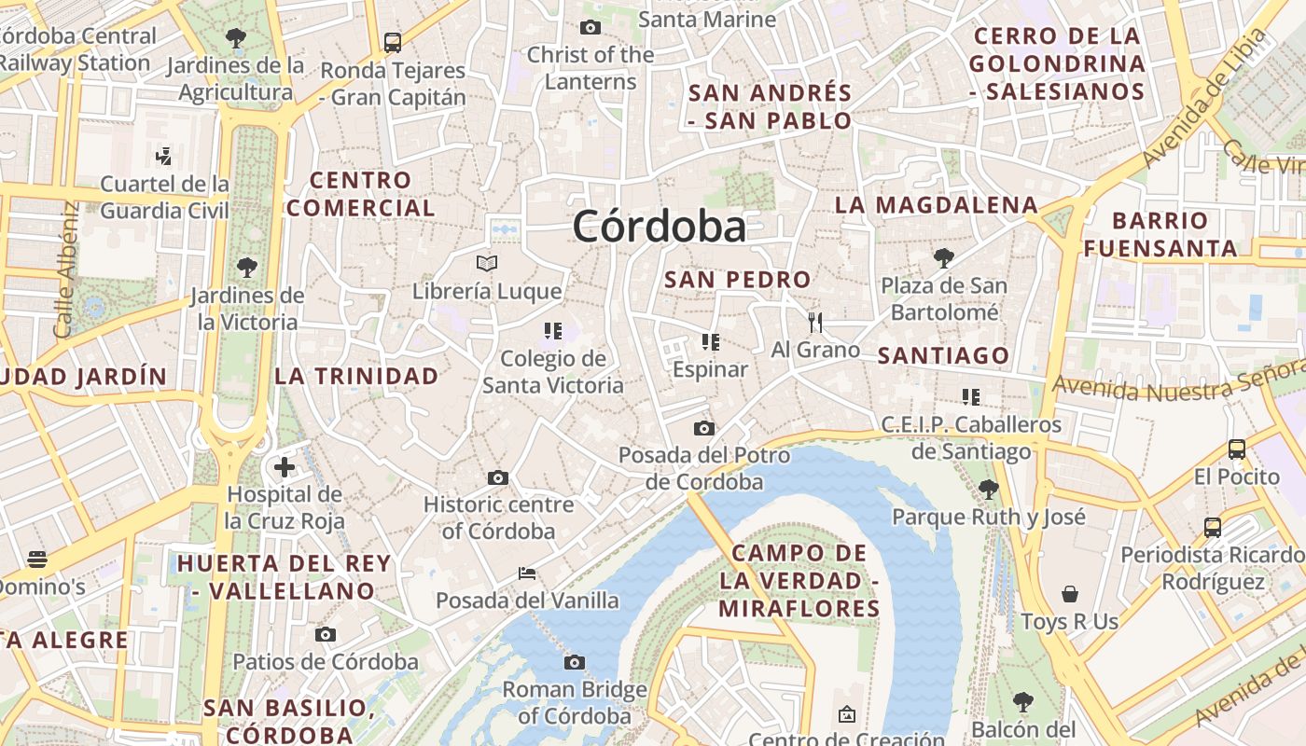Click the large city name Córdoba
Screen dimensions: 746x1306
pyautogui.click(x=660, y=227)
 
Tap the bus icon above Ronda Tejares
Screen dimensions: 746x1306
pyautogui.click(x=393, y=42)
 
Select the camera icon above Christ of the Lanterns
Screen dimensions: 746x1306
pyautogui.click(x=590, y=27)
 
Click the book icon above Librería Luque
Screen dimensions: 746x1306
pyautogui.click(x=487, y=263)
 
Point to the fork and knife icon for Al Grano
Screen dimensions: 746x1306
pyautogui.click(x=815, y=323)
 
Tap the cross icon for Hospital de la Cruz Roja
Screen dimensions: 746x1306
pyautogui.click(x=285, y=466)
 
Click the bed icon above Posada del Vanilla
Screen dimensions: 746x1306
pyautogui.click(x=527, y=573)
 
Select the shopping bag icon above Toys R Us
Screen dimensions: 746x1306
pyautogui.click(x=1069, y=594)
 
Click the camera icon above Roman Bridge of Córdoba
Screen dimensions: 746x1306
pyautogui.click(x=575, y=662)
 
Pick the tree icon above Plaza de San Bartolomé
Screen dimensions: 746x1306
pyautogui.click(x=944, y=256)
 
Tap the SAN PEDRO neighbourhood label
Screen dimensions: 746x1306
pyautogui.click(x=738, y=279)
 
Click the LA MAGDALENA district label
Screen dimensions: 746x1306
pyautogui.click(x=936, y=205)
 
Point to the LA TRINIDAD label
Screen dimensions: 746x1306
pyautogui.click(x=356, y=376)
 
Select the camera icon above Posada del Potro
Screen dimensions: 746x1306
pyautogui.click(x=704, y=428)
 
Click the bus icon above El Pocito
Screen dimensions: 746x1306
pyautogui.click(x=1237, y=449)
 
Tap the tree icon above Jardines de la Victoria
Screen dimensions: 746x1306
pyautogui.click(x=247, y=268)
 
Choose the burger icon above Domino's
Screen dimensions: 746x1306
pyautogui.click(x=37, y=559)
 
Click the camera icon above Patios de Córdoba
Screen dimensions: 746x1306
pyautogui.click(x=325, y=634)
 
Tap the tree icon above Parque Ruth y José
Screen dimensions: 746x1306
pyautogui.click(x=989, y=488)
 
